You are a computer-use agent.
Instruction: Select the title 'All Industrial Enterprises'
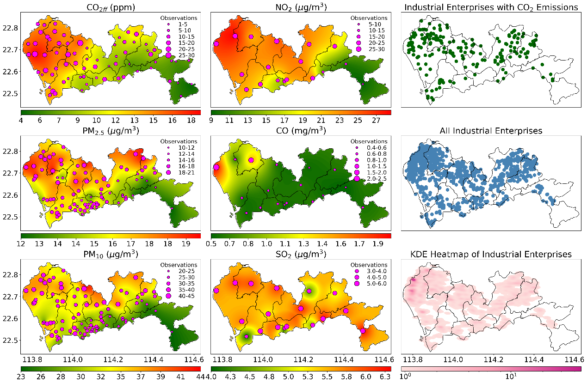pyautogui.click(x=491, y=131)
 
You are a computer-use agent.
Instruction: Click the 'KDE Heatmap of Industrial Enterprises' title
pyautogui.click(x=491, y=254)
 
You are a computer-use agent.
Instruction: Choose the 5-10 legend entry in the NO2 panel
pyautogui.click(x=372, y=24)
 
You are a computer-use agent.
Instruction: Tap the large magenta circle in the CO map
pyautogui.click(x=216, y=167)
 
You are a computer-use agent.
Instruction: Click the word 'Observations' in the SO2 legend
pyautogui.click(x=369, y=265)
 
